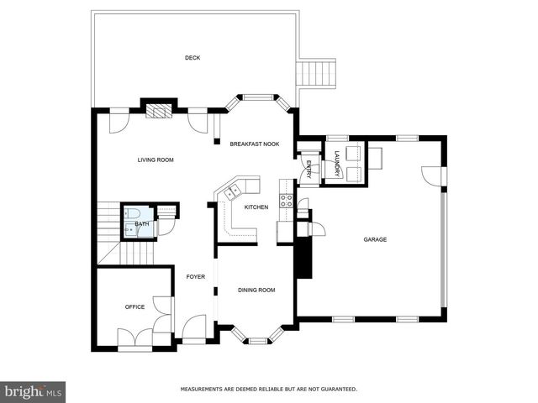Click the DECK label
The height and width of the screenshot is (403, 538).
[193, 57]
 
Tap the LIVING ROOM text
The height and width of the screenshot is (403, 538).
[156, 159]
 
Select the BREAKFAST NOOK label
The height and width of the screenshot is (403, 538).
[255, 144]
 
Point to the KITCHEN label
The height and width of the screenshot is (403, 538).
[256, 207]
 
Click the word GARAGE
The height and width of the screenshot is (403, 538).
[375, 240]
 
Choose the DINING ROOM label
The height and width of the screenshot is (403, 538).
[256, 290]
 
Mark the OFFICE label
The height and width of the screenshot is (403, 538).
[134, 306]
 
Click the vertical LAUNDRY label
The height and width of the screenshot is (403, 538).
[336, 162]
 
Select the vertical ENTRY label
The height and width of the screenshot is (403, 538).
[309, 168]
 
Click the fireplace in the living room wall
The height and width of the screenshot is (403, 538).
[158, 109]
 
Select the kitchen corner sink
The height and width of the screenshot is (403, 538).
[229, 191]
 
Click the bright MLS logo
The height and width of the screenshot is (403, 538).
[34, 391]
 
